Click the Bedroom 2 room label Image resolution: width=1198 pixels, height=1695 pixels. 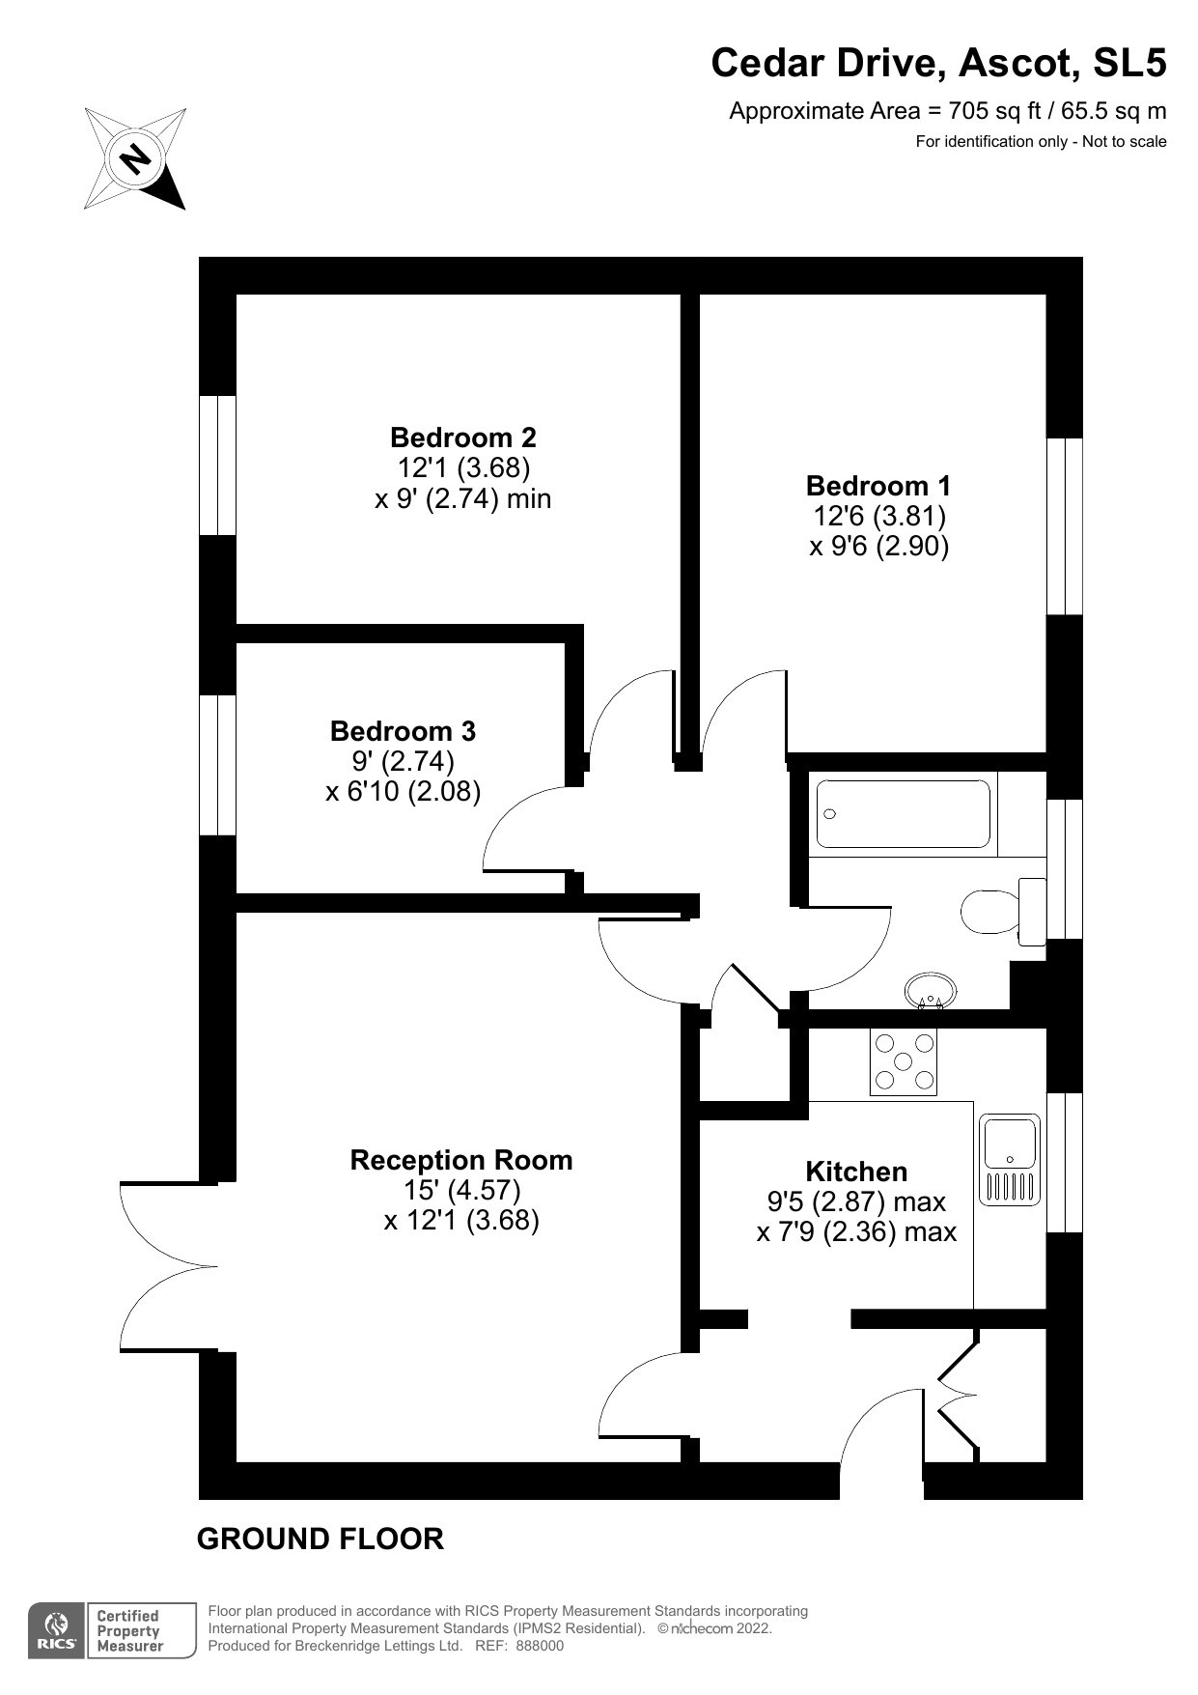tap(462, 438)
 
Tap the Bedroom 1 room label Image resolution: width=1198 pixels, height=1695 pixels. tap(878, 485)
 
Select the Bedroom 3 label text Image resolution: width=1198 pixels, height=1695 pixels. tap(403, 731)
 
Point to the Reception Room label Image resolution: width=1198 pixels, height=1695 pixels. tap(461, 1160)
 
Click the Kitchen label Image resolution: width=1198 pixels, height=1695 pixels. tap(856, 1172)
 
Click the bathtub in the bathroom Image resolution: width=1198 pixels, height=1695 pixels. tap(903, 813)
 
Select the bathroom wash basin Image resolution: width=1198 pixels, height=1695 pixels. tap(931, 991)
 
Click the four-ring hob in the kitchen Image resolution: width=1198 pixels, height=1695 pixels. tap(904, 1061)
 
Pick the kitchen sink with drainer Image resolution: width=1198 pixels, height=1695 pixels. tap(1010, 1160)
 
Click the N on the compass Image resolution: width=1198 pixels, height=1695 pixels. tap(135, 157)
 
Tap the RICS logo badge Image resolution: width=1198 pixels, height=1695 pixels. tap(57, 1631)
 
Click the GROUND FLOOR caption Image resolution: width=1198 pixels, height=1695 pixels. tap(320, 1540)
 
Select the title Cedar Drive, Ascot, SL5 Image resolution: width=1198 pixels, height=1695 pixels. tap(938, 64)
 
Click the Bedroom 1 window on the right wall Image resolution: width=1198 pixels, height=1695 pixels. tap(1065, 526)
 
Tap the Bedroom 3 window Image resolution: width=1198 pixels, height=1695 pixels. tap(217, 765)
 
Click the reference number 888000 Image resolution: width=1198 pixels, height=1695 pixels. tap(540, 1647)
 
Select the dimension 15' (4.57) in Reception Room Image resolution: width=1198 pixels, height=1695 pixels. tap(461, 1190)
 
